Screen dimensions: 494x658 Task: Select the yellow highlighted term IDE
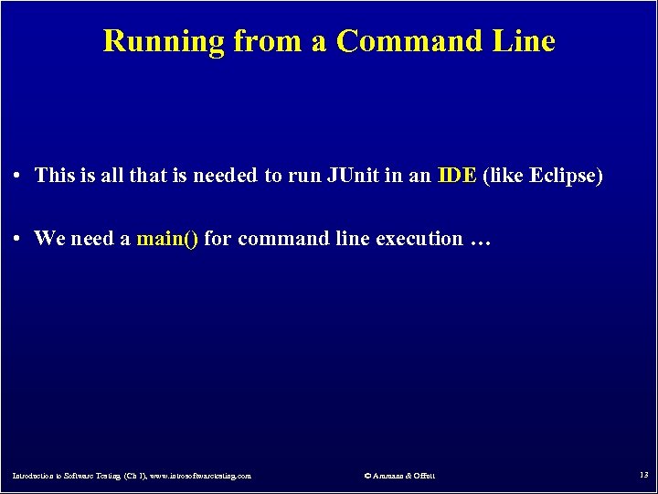pyautogui.click(x=457, y=176)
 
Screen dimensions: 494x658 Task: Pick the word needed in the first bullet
pyautogui.click(x=228, y=176)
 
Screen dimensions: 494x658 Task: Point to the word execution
pyautogui.click(x=419, y=239)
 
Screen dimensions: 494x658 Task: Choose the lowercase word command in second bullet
pyautogui.click(x=250, y=239)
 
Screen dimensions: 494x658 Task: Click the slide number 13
pyautogui.click(x=642, y=475)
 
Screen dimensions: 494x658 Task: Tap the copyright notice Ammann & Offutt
pyautogui.click(x=399, y=476)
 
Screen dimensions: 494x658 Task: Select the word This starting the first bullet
pyautogui.click(x=54, y=176)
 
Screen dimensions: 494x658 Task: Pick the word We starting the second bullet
pyautogui.click(x=48, y=239)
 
